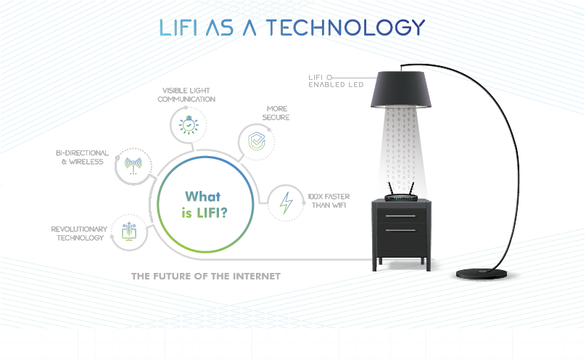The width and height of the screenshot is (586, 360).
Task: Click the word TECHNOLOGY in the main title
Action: (345, 28)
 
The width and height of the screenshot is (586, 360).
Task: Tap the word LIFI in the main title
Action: (178, 28)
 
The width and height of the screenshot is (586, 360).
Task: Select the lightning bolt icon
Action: (286, 203)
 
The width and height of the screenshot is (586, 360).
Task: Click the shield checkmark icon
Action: (257, 142)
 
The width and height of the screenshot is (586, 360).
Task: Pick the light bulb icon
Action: (189, 125)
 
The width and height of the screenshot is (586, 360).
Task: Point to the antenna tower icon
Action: (133, 165)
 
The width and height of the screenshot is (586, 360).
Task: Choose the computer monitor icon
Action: (129, 232)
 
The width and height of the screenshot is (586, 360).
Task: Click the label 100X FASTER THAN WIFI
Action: (329, 201)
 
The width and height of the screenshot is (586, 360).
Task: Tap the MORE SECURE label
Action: (276, 113)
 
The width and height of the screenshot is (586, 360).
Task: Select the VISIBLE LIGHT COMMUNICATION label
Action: (186, 95)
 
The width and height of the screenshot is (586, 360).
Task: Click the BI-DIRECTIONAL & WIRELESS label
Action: (82, 157)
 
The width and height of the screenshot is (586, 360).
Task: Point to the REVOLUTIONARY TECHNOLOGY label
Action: (79, 233)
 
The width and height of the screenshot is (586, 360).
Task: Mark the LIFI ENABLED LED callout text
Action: (336, 81)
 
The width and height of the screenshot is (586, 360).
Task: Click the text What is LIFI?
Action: (205, 205)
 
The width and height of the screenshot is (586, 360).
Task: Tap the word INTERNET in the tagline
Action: (257, 277)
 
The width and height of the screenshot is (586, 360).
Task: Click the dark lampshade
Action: (401, 90)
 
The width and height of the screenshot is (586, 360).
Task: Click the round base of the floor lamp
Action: (482, 274)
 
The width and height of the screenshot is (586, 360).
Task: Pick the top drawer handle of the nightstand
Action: (400, 216)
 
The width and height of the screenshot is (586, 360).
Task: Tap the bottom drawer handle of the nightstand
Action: (400, 230)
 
